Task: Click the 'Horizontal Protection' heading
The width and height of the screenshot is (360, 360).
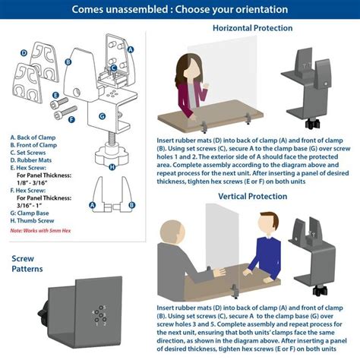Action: pyautogui.click(x=252, y=28)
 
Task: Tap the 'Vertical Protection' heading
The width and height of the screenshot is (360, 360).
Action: pyautogui.click(x=252, y=196)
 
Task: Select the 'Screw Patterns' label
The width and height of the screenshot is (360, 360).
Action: pyautogui.click(x=28, y=264)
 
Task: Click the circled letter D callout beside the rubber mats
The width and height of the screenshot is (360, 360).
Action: pyautogui.click(x=24, y=53)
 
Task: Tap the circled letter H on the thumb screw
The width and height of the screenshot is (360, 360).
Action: pyautogui.click(x=111, y=167)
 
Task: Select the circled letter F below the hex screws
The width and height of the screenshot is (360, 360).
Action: pyautogui.click(x=72, y=119)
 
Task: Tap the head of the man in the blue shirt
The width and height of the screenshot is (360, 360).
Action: pyautogui.click(x=264, y=226)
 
